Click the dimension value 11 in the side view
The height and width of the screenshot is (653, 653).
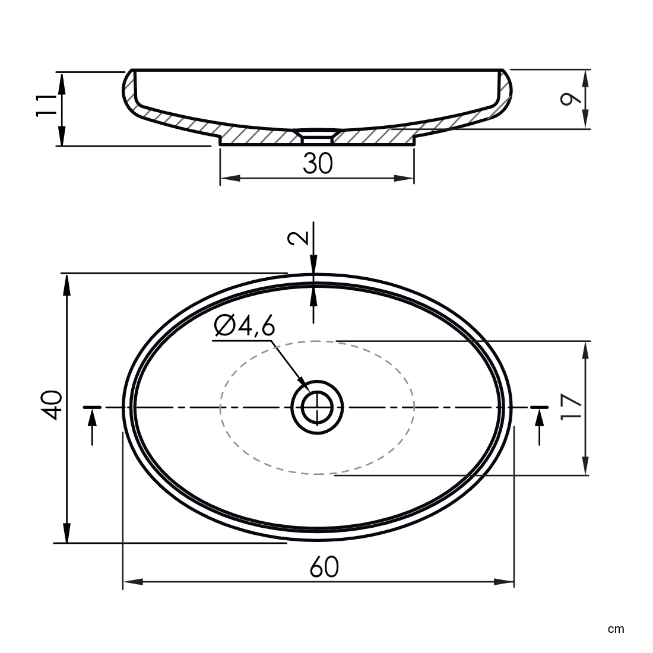pyautogui.click(x=46, y=106)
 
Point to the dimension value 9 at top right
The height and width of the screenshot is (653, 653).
pyautogui.click(x=570, y=99)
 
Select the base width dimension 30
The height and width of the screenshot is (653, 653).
pyautogui.click(x=318, y=163)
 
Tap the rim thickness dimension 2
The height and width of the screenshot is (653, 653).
pyautogui.click(x=299, y=237)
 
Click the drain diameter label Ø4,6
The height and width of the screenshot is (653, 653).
pyautogui.click(x=245, y=325)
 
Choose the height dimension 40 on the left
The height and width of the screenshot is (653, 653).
pyautogui.click(x=52, y=405)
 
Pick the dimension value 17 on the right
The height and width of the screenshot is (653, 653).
pyautogui.click(x=570, y=407)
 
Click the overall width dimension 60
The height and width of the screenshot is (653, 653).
pyautogui.click(x=324, y=567)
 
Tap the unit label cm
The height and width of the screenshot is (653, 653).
pyautogui.click(x=616, y=629)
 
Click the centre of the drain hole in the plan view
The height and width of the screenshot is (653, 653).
pyautogui.click(x=318, y=407)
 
